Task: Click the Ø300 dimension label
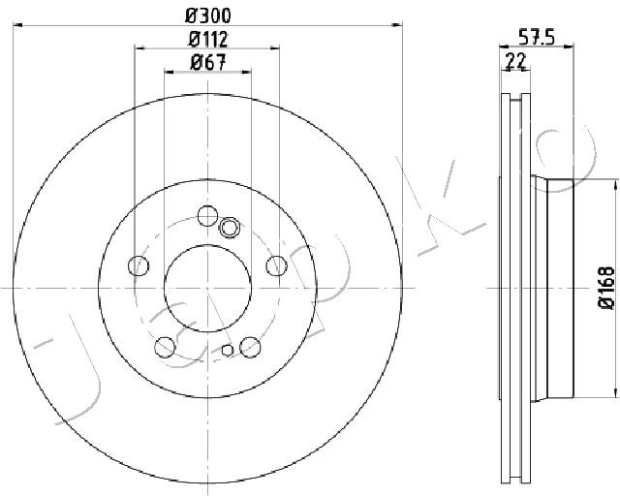coord(208,15)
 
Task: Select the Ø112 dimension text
coord(208,39)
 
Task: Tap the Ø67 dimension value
coord(208,63)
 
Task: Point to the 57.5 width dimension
coord(537,38)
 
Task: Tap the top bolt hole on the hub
coord(207,216)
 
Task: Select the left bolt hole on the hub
coord(139,265)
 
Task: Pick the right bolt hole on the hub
coord(276,265)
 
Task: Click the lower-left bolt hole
coord(165,347)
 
